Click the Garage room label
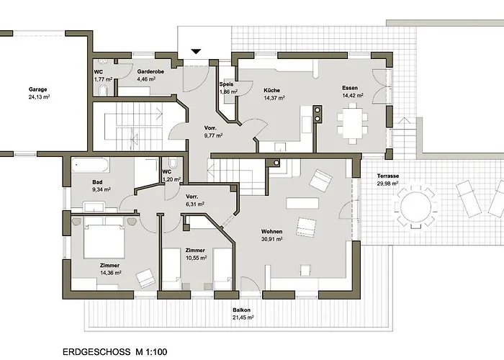pos(38,90)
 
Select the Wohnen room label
pos(271,231)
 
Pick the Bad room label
pos(98,182)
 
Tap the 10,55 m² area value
pos(196,257)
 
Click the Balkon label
pos(241,310)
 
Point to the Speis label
pos(227,85)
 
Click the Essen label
pos(350,88)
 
